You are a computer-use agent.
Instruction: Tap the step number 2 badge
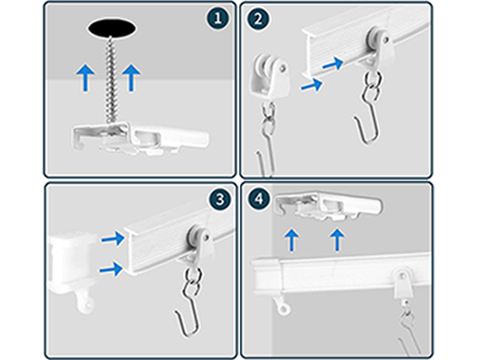[x=258, y=20]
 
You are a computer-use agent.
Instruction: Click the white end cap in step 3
[x=70, y=264]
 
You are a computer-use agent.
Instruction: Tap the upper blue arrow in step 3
[x=114, y=238]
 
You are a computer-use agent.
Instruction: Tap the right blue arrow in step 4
[x=339, y=238]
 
